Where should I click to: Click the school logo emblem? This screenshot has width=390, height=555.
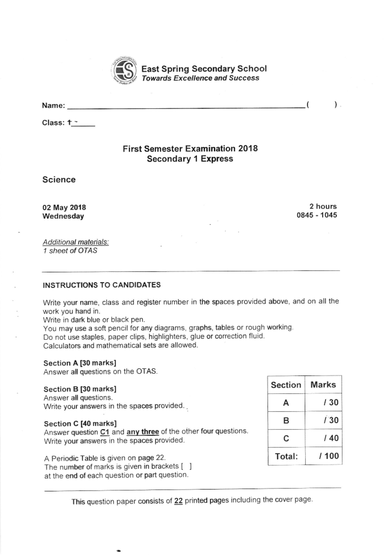(x=125, y=71)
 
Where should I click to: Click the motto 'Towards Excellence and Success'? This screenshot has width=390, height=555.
(x=200, y=78)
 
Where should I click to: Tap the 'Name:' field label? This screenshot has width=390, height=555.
(x=53, y=106)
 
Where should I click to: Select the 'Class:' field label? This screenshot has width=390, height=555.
(x=53, y=123)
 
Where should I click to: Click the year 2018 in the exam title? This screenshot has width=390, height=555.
(x=248, y=149)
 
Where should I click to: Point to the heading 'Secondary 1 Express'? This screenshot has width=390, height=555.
(x=190, y=159)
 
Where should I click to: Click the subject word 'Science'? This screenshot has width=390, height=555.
(x=59, y=180)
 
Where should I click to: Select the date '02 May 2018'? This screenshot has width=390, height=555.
(x=64, y=207)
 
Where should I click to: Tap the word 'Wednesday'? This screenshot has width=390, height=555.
(x=63, y=216)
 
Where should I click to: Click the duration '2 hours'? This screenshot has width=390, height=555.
(x=323, y=206)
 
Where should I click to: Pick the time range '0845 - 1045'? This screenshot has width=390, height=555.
(x=317, y=215)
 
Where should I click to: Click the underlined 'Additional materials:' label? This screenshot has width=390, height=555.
(x=76, y=242)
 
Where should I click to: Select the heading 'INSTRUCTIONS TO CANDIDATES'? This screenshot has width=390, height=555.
(x=102, y=285)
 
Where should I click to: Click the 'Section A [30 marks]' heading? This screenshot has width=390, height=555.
(x=80, y=363)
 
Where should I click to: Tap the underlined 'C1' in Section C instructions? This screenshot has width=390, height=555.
(x=105, y=432)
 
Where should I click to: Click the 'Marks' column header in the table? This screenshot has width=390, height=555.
(x=323, y=385)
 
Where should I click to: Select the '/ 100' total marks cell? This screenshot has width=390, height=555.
(x=329, y=456)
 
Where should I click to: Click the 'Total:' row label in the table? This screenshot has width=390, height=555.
(x=286, y=456)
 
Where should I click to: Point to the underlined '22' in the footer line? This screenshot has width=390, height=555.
(x=178, y=501)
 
